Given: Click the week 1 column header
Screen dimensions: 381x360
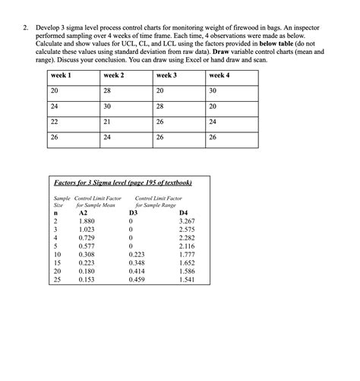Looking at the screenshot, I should (61, 76).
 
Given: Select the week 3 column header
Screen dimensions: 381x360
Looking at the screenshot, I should (166, 76).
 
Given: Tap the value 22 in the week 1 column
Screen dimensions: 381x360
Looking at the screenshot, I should (55, 121).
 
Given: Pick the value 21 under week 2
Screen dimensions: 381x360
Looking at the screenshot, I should (107, 121).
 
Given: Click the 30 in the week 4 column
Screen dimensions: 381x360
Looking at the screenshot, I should (213, 90).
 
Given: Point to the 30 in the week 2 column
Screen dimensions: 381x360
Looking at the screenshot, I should (107, 106).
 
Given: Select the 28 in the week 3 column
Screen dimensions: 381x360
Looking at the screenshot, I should (159, 106).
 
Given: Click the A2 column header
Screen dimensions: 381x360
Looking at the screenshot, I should (84, 213).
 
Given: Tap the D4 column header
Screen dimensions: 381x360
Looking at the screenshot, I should (182, 213).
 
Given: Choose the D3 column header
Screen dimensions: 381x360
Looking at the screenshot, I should (134, 213).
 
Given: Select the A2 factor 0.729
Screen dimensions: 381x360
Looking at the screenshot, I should (87, 237).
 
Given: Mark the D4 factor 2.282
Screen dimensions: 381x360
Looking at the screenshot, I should (186, 237).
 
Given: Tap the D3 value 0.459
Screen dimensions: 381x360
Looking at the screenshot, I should (137, 278).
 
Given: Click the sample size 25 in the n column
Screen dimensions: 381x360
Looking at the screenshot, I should (56, 278).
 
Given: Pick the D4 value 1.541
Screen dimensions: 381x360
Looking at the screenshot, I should (186, 278).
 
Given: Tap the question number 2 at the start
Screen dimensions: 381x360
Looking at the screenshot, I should (25, 28).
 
